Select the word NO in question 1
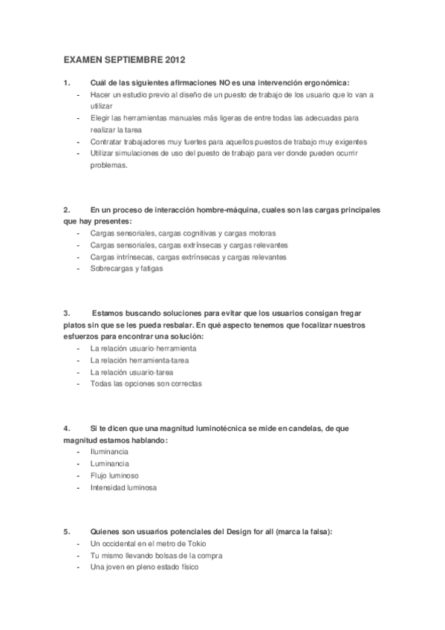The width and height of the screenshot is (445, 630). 224,82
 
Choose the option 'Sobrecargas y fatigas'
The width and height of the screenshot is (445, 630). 126,268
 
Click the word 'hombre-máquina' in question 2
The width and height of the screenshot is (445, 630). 204,209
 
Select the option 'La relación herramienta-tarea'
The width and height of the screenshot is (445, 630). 138,360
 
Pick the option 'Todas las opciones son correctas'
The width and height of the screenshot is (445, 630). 146,384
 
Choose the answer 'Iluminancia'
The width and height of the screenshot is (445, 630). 109,452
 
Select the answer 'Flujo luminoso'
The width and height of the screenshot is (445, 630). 114,475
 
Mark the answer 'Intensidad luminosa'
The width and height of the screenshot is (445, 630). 123,487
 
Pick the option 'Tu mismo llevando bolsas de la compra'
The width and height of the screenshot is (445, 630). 156,556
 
